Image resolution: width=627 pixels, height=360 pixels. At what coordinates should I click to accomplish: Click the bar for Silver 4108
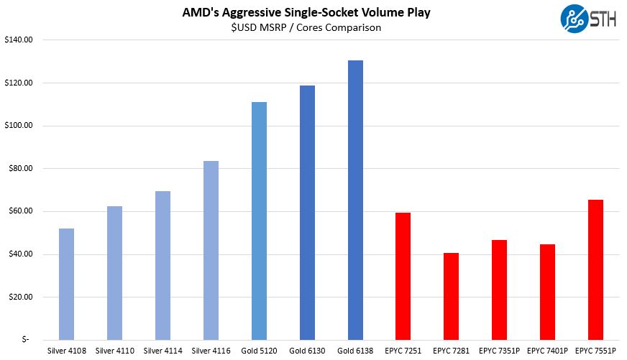point(66,284)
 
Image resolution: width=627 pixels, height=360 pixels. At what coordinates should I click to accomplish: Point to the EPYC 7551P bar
point(595,269)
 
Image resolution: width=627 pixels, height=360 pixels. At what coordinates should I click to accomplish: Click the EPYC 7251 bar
point(403,276)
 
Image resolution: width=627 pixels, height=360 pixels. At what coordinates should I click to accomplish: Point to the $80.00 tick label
point(19,169)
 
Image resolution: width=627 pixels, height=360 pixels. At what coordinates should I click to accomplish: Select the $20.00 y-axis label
point(19,297)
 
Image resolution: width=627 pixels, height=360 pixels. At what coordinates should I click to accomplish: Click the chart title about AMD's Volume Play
point(313,13)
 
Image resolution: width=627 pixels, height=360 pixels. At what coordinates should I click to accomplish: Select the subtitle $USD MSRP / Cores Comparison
point(313,27)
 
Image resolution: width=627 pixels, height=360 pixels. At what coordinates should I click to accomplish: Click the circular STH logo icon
point(572,17)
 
